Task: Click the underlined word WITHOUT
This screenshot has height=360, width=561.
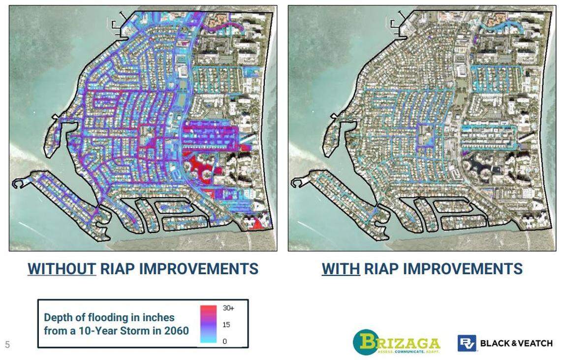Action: (x=62, y=269)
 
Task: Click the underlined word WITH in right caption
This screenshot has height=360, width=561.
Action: (x=341, y=269)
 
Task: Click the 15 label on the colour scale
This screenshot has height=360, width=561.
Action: (x=226, y=325)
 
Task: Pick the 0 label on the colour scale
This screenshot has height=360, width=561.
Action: (x=225, y=341)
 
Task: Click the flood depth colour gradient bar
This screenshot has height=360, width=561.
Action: (x=209, y=324)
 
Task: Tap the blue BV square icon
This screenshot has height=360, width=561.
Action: (x=467, y=343)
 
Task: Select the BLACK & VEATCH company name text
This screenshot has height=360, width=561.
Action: (x=516, y=343)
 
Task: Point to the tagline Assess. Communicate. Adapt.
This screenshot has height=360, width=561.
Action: (x=408, y=352)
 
